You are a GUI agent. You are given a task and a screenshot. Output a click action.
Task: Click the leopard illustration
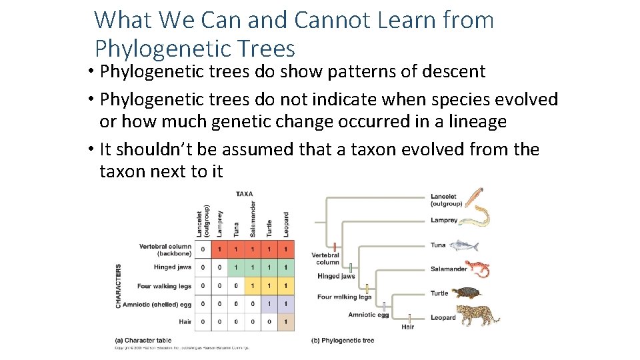click(479, 317)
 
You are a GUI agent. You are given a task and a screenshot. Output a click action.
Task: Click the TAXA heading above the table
click(244, 194)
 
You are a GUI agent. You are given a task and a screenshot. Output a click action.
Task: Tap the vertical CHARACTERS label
click(119, 285)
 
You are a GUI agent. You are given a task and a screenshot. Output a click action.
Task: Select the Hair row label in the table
click(185, 321)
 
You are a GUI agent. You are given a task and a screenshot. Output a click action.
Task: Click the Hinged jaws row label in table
click(172, 267)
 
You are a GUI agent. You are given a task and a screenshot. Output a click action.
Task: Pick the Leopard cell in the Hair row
click(285, 321)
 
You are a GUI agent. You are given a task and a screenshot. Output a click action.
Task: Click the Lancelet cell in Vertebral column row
click(203, 249)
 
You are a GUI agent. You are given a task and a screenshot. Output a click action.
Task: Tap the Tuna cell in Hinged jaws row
click(236, 267)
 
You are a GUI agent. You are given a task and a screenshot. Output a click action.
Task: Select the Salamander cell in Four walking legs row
click(252, 286)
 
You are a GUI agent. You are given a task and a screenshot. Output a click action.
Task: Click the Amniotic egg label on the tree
click(367, 315)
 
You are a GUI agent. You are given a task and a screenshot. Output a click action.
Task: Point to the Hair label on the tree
click(407, 327)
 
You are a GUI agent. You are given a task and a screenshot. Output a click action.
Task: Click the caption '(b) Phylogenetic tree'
click(343, 341)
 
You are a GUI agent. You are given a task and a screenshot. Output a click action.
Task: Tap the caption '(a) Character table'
click(143, 341)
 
